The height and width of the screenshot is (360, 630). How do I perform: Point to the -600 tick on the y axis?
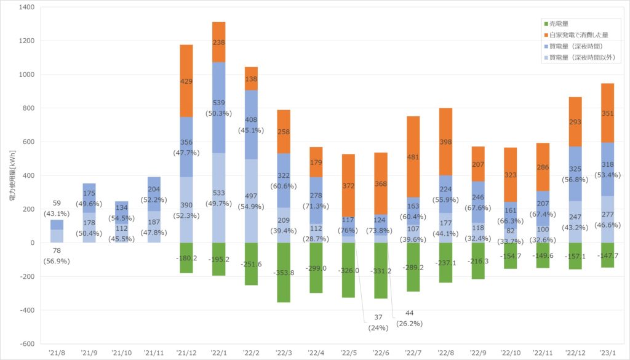[x=28, y=343]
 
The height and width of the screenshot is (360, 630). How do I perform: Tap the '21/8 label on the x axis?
[x=57, y=353]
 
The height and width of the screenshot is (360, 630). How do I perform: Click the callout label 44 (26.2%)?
[x=409, y=318]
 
